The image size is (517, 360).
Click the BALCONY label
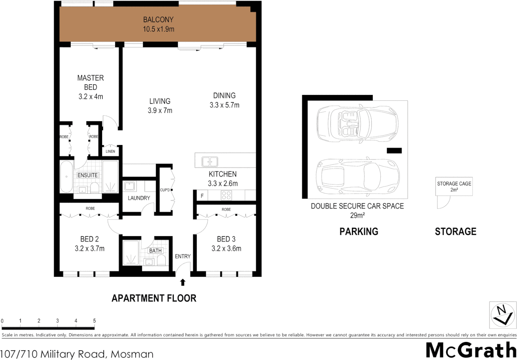tap(158, 20)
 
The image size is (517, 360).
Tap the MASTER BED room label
tap(90, 82)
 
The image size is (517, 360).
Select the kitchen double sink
tap(210, 162)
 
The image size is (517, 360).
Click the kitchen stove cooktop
tap(226, 195)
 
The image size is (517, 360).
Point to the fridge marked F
tap(202, 196)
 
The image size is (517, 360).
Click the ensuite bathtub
tap(66, 177)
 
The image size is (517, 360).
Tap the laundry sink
tap(129, 186)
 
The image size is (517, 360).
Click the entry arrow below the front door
tap(182, 282)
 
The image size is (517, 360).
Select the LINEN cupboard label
tap(110, 151)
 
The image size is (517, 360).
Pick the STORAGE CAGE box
tap(454, 186)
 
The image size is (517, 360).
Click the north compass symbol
tap(502, 315)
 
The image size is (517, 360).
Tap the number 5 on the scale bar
tap(94, 321)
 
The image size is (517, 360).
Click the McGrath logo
tap(471, 350)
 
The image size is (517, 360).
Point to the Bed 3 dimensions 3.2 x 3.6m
tap(226, 249)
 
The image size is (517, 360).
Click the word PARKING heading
tap(359, 231)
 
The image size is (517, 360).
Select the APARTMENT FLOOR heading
tap(154, 298)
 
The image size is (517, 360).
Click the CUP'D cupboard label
tap(165, 190)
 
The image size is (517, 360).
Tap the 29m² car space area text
tap(357, 215)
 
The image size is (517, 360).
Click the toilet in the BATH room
tap(161, 260)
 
